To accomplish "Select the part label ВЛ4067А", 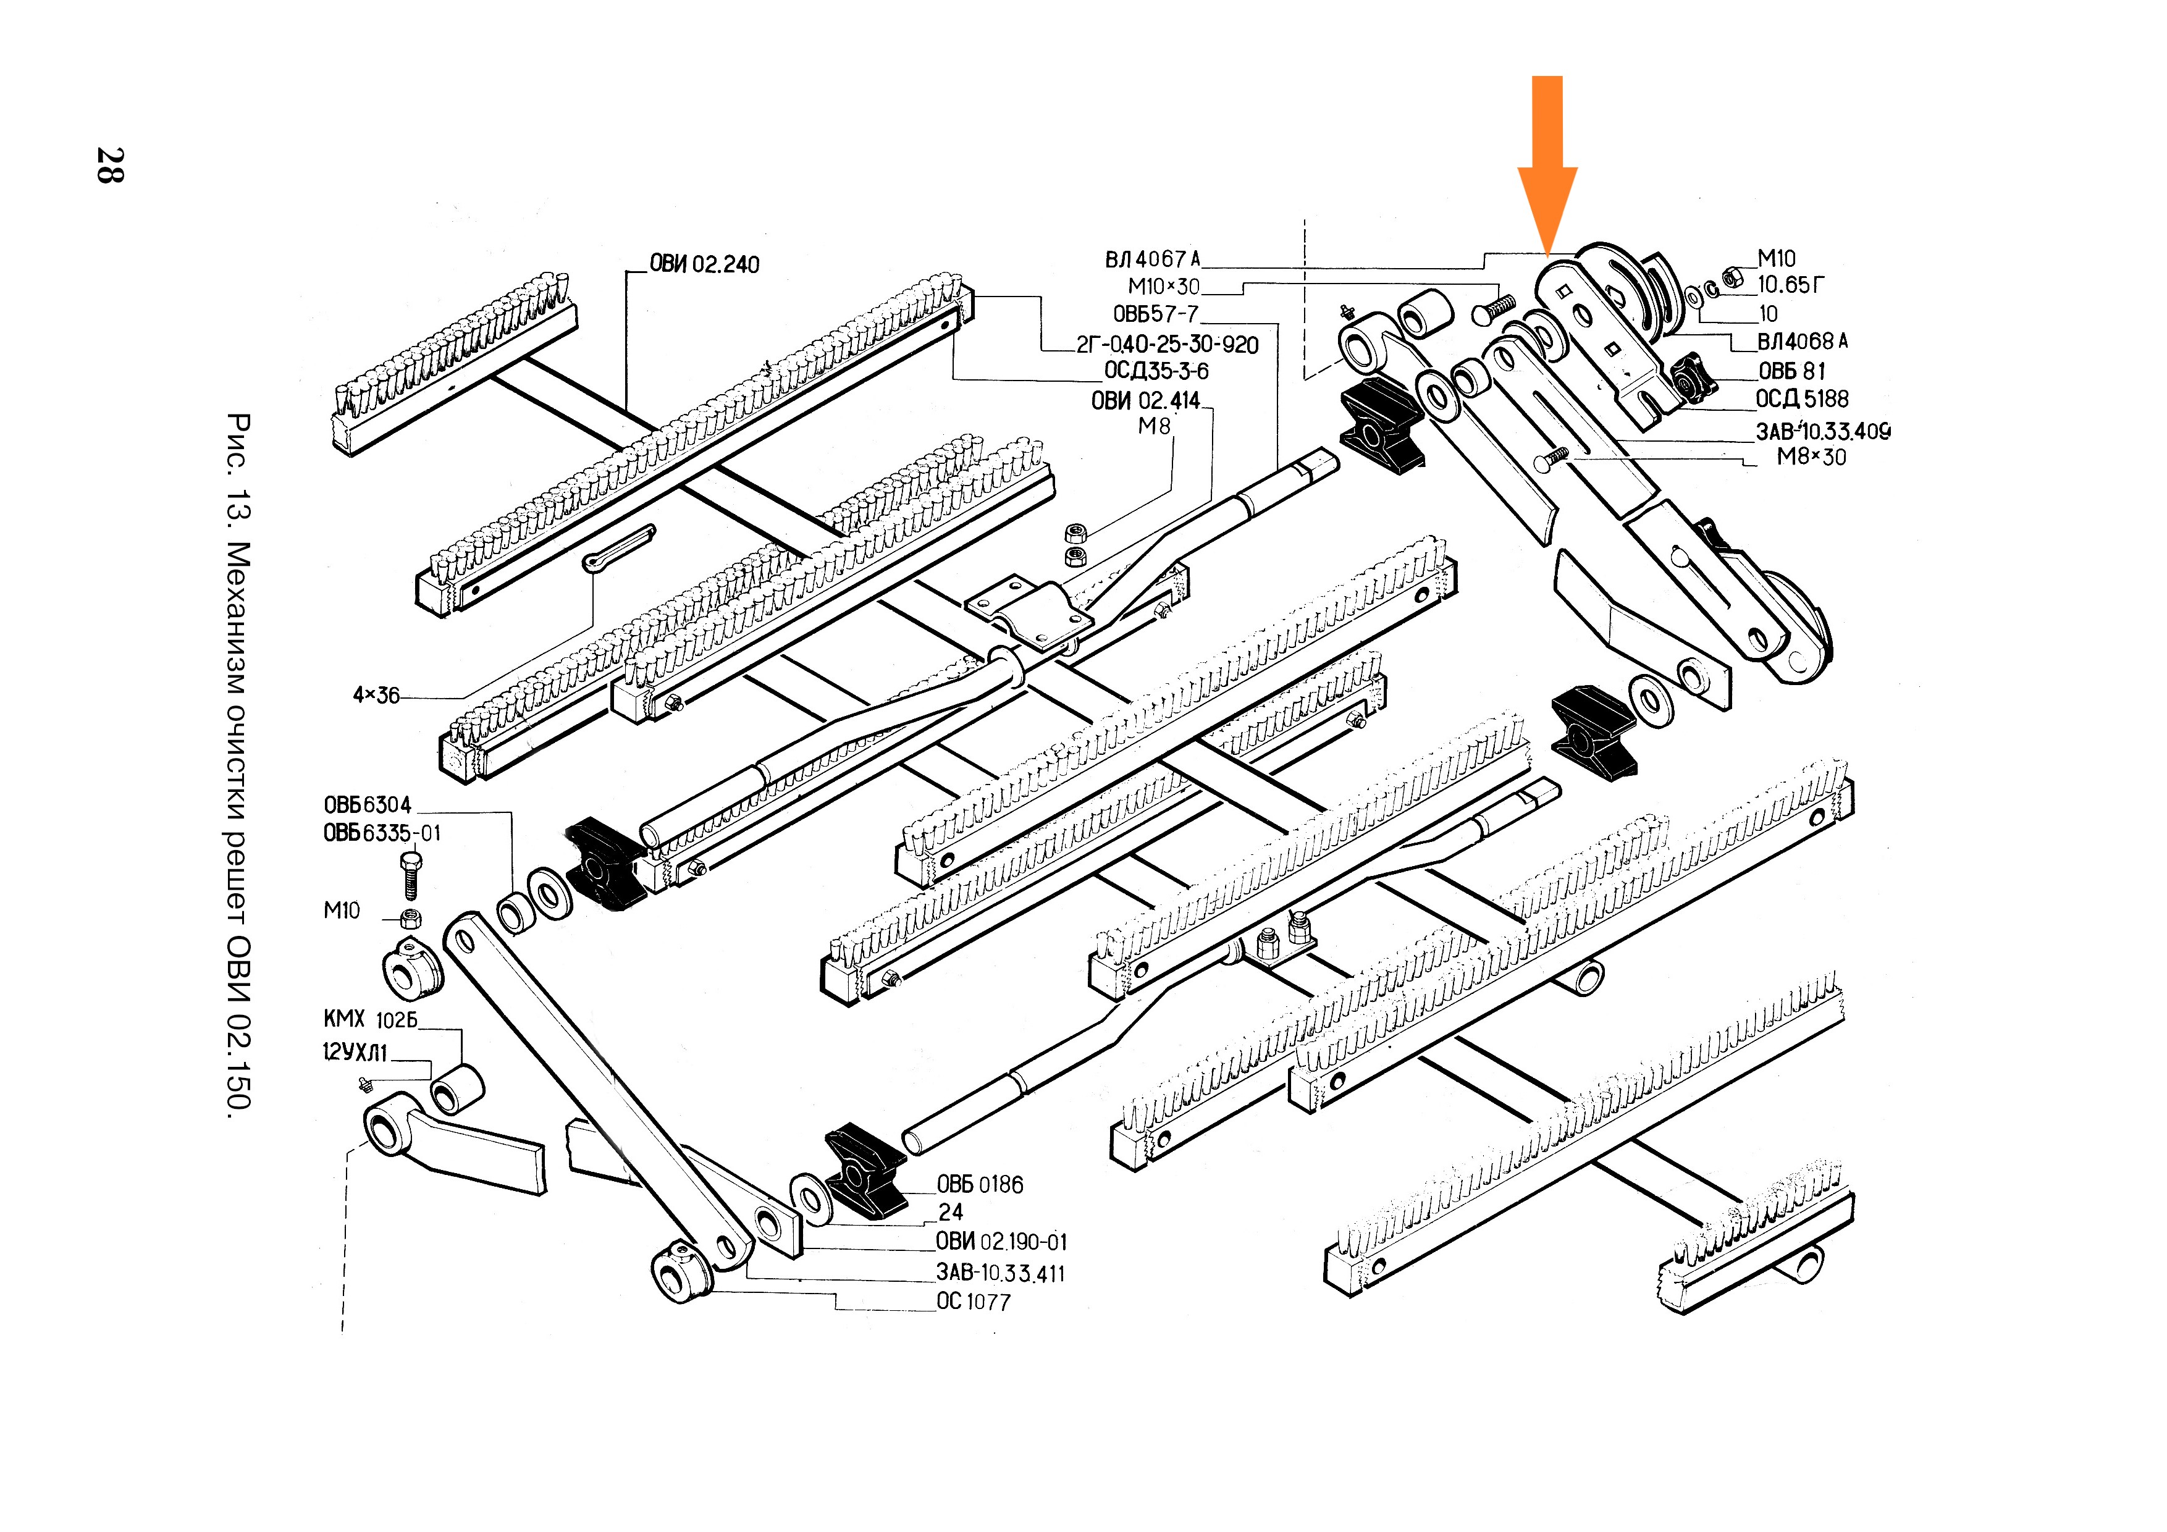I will [x=1153, y=259].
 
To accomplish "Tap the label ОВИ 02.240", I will [x=704, y=264].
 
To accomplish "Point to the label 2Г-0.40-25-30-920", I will [x=1168, y=345].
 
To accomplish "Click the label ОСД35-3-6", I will [x=1156, y=371].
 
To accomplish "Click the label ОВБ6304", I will [x=367, y=805].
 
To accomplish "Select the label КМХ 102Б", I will [x=370, y=1019].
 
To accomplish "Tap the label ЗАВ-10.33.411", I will [x=1001, y=1273].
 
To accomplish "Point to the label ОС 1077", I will [x=973, y=1302].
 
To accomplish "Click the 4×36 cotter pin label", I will [x=376, y=696].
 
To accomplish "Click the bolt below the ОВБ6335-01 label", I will [x=411, y=876].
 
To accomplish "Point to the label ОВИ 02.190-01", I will [x=1001, y=1242].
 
